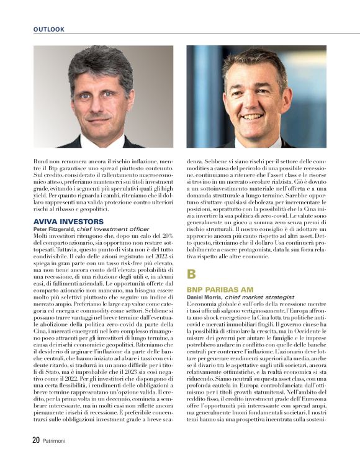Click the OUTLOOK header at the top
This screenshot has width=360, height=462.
click(x=49, y=29)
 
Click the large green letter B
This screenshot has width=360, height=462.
click(x=192, y=273)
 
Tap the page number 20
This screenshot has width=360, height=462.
click(x=37, y=440)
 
